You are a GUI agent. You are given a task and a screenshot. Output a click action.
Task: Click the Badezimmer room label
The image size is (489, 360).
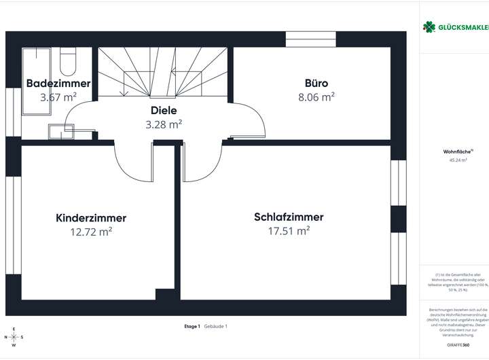[x=58, y=84]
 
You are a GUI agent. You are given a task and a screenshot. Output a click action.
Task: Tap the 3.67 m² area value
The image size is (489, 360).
[x=58, y=97]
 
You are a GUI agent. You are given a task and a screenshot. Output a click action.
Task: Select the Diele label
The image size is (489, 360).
[x=164, y=110]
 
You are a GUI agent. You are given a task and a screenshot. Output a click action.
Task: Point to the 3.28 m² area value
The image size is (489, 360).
[x=164, y=124]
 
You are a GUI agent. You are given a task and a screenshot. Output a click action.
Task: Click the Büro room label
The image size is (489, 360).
[x=316, y=84]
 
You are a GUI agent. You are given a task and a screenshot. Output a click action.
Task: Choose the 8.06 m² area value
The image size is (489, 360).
[x=316, y=97]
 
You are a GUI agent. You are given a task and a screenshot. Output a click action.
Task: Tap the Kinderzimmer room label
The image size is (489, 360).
[x=91, y=218]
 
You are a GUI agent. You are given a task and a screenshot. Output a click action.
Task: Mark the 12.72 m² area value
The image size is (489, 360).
[x=91, y=232]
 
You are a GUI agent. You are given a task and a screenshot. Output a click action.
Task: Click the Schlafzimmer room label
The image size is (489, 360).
[x=289, y=217]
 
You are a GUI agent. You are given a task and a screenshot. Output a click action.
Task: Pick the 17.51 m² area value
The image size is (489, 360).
[x=289, y=231]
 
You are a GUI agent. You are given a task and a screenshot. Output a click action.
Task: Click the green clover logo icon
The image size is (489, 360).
[x=429, y=26]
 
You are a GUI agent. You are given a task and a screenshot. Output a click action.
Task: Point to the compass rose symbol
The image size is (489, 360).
[x=14, y=337]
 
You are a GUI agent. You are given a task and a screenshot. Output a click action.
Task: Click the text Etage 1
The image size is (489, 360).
[x=192, y=327]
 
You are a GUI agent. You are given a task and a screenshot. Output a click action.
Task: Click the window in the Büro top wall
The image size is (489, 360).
[x=310, y=39]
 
